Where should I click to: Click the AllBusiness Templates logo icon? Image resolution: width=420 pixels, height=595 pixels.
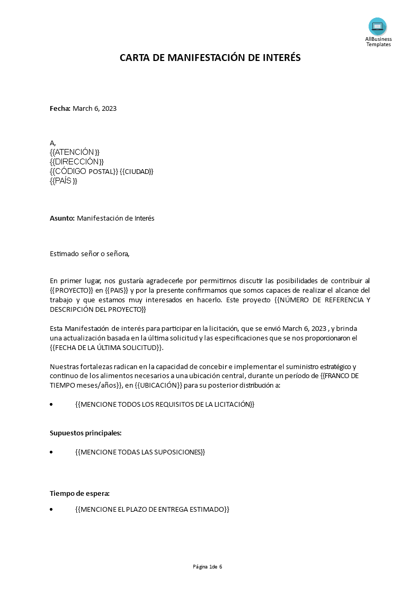click(378, 27)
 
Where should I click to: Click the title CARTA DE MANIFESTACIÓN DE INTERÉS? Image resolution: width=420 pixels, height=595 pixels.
click(210, 58)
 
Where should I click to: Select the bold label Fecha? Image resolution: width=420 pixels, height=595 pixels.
click(60, 109)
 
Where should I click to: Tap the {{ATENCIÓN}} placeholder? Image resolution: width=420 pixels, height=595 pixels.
click(75, 152)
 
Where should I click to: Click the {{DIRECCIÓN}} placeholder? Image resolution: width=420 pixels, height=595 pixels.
click(77, 162)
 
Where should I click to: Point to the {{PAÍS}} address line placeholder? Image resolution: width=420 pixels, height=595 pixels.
click(64, 181)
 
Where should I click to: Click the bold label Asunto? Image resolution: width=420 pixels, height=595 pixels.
click(62, 218)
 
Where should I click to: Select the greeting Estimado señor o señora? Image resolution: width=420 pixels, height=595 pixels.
click(90, 253)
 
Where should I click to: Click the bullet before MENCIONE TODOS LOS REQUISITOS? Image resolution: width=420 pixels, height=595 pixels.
click(51, 405)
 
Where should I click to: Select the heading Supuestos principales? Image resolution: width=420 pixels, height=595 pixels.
click(86, 433)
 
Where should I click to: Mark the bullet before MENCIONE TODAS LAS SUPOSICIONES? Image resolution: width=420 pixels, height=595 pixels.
click(51, 452)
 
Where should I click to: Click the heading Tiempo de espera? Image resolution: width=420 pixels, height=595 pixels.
click(79, 493)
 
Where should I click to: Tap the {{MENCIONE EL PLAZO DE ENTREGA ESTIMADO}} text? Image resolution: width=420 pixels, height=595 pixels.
click(153, 510)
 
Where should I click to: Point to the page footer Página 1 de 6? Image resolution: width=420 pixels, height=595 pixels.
click(208, 567)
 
